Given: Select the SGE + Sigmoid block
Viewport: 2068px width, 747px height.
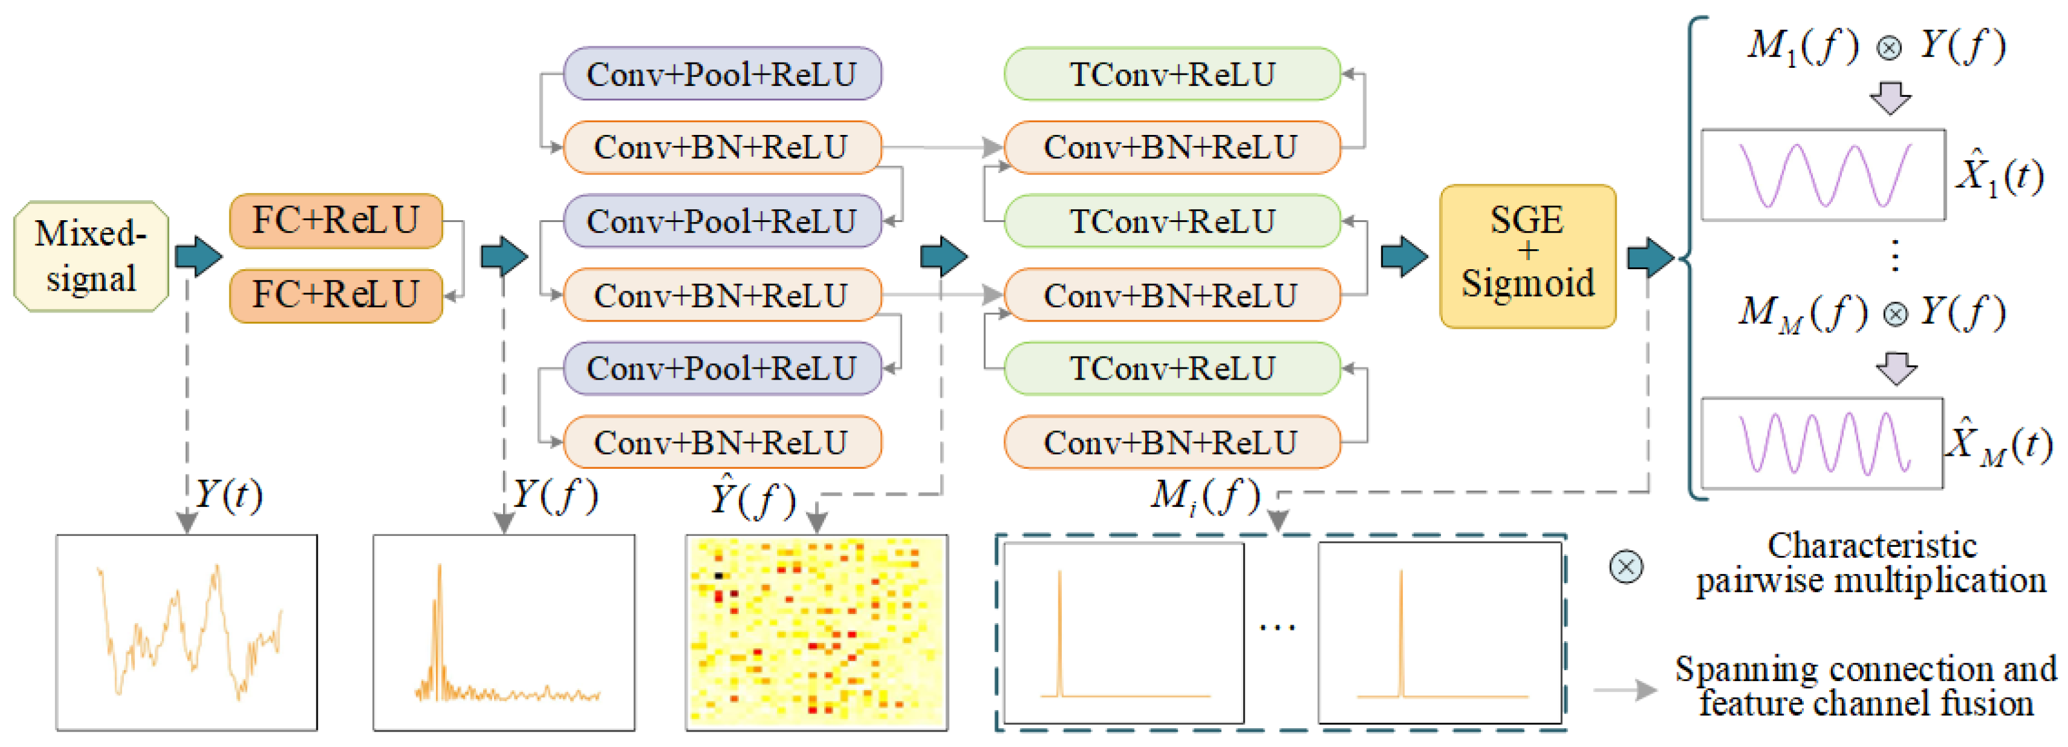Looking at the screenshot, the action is [x=1527, y=256].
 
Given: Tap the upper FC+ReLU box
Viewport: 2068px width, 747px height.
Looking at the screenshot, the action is [x=336, y=221].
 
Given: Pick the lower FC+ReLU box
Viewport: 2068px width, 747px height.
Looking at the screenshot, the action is [x=336, y=295].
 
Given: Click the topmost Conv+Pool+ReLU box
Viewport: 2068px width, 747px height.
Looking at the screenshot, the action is [x=721, y=74].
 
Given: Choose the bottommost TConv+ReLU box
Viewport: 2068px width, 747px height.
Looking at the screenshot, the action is [x=1172, y=368].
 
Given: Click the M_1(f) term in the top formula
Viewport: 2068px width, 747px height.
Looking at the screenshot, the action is [x=1803, y=46].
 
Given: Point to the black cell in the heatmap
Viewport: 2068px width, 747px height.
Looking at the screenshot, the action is [x=718, y=575].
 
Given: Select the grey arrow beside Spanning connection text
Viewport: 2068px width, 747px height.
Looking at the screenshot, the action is [x=1625, y=690].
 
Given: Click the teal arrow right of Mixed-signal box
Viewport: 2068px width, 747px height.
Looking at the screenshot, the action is [x=198, y=257].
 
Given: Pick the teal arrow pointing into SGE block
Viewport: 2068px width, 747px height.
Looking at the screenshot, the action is [x=1404, y=257].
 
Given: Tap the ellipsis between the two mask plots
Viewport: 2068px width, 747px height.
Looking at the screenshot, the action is [x=1276, y=628].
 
